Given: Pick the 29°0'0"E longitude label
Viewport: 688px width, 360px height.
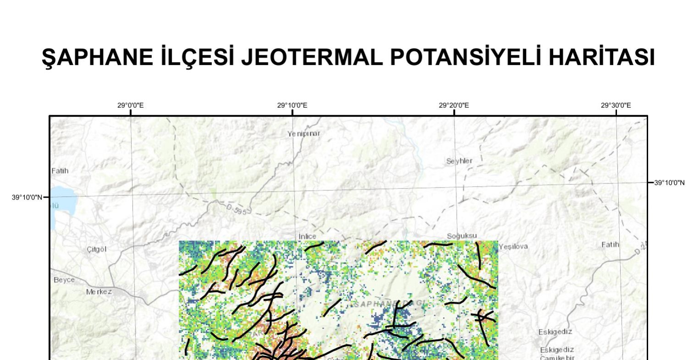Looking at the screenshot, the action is point(130,105).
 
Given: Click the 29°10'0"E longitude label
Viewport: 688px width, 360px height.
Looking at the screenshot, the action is point(292,105).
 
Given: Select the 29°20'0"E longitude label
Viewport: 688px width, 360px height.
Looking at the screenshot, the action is point(454,105).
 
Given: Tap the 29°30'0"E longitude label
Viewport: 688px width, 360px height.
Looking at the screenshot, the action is point(616,105).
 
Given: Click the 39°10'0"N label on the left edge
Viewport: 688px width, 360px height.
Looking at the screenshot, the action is point(27,198).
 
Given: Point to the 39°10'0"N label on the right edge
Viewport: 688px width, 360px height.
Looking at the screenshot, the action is point(669,183).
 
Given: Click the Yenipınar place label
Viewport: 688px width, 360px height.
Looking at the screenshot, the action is point(304,134).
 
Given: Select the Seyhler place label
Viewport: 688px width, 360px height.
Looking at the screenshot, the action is point(459,161).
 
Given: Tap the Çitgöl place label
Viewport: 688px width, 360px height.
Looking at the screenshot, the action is point(96,249).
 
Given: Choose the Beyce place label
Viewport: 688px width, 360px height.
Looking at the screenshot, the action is point(64,280).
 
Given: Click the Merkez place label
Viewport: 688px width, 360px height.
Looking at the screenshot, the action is point(99,292).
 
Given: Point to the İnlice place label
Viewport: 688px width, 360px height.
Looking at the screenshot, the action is point(307,236).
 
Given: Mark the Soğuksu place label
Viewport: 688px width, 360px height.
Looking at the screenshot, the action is point(462,236).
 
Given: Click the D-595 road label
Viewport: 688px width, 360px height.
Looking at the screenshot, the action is point(237,210).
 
